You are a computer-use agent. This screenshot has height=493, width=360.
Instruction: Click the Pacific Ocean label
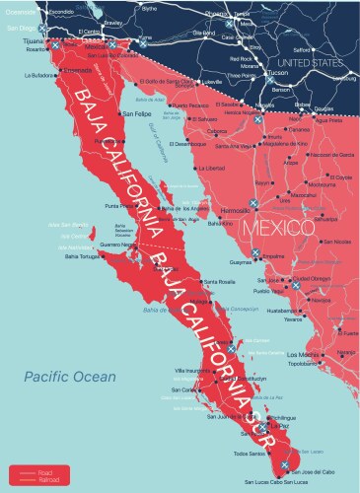(x=70, y=377)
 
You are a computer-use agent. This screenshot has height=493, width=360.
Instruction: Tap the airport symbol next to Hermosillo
(x=253, y=204)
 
